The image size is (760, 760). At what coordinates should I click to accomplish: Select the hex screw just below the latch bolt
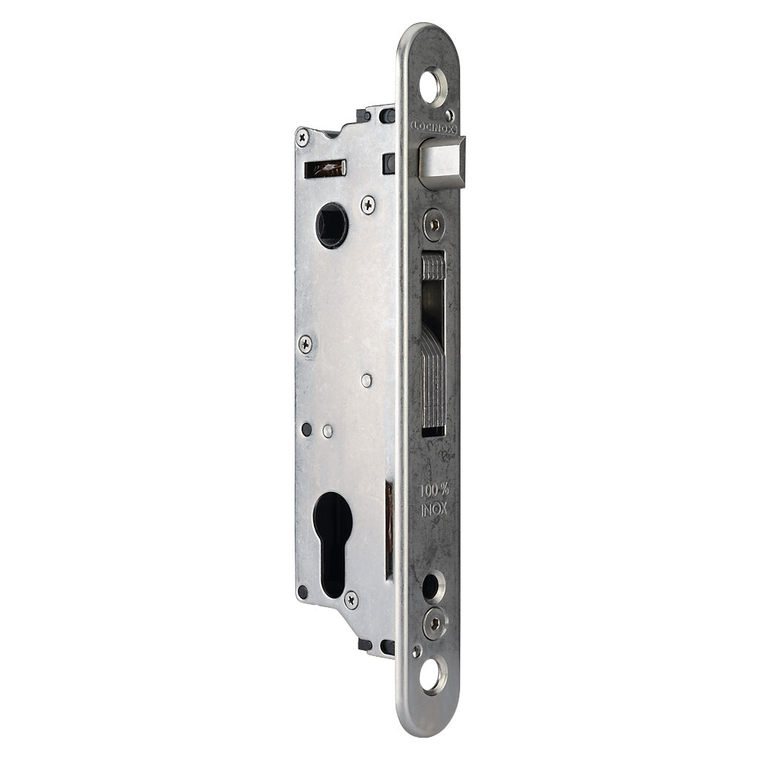(433, 223)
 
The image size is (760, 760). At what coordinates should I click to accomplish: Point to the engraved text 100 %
(433, 491)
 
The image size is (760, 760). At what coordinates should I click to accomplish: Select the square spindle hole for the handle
(331, 225)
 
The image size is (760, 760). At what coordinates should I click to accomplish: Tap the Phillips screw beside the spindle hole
(368, 205)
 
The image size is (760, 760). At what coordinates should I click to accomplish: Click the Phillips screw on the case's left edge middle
(305, 344)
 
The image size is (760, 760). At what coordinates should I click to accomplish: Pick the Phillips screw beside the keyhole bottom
(351, 599)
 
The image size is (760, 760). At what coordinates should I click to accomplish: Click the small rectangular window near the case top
(325, 168)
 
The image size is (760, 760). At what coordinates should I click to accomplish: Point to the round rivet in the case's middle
(367, 381)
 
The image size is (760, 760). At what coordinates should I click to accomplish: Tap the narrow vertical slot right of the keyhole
(389, 529)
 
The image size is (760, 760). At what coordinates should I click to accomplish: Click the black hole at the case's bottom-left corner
(303, 592)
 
